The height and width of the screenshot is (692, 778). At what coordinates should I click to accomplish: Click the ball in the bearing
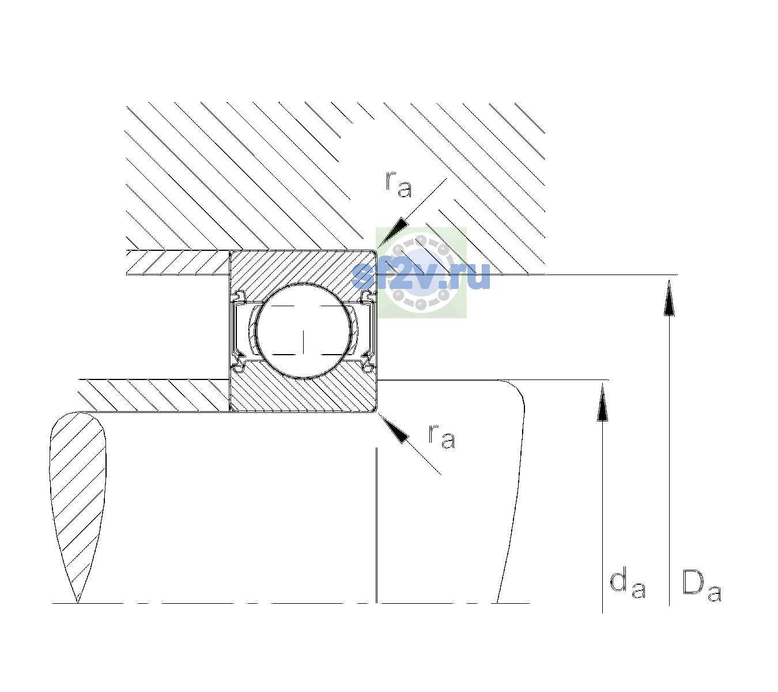[303, 331]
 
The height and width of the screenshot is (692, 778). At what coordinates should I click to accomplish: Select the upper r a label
[399, 185]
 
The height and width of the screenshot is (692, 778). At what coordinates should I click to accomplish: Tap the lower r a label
[441, 437]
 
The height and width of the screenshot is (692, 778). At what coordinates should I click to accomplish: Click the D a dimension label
[701, 585]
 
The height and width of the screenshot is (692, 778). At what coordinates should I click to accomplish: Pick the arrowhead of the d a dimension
[602, 401]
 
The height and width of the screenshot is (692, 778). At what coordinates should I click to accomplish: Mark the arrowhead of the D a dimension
[669, 298]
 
